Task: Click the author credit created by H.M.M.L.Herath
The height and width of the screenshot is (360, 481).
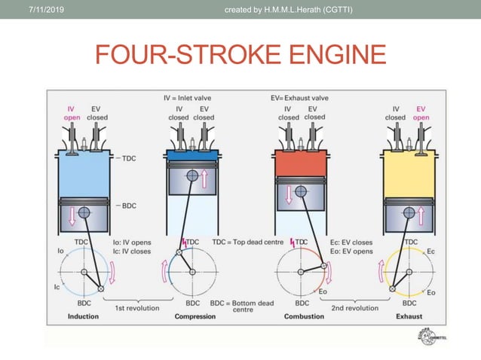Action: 290,8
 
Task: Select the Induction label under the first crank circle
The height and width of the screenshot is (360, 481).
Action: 83,316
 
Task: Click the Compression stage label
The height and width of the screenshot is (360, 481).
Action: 195,316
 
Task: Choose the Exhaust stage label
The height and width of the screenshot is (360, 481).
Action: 409,316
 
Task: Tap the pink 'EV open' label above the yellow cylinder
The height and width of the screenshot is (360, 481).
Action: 421,113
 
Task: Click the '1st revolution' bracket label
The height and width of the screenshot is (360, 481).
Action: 136,308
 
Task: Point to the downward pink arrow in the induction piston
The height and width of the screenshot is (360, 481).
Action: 73,216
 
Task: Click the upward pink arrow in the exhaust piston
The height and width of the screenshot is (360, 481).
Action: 421,216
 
